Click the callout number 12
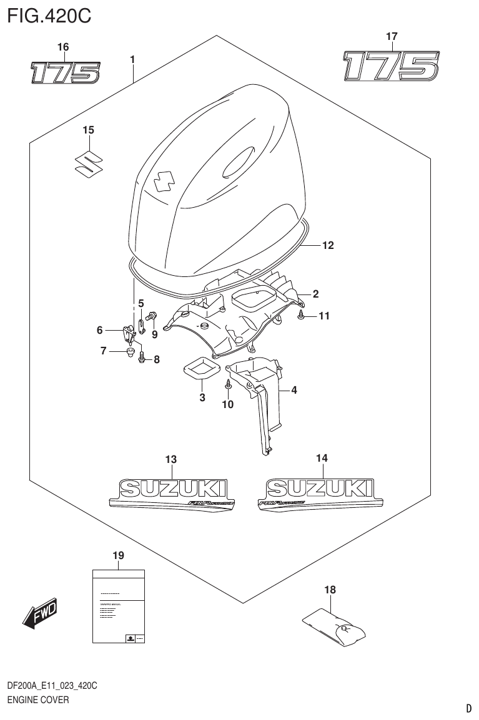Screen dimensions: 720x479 328,246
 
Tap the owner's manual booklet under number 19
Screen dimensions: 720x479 119,606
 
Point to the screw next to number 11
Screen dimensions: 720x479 301,316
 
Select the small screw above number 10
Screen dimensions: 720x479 229,384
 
